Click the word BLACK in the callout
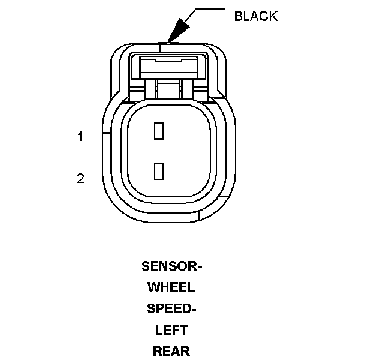[x=256, y=16]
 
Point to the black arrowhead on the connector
[x=176, y=30]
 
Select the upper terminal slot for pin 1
[x=159, y=131]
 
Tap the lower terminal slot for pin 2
[x=159, y=171]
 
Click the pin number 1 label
[x=80, y=137]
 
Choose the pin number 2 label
[x=80, y=178]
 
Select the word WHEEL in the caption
[x=171, y=287]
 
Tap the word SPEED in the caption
[x=170, y=308]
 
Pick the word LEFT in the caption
[x=171, y=330]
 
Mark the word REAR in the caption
[x=171, y=352]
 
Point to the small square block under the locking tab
[x=169, y=91]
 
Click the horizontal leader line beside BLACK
[x=207, y=9]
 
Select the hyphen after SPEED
[x=194, y=309]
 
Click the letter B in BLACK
[x=238, y=16]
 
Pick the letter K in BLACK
[x=273, y=16]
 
